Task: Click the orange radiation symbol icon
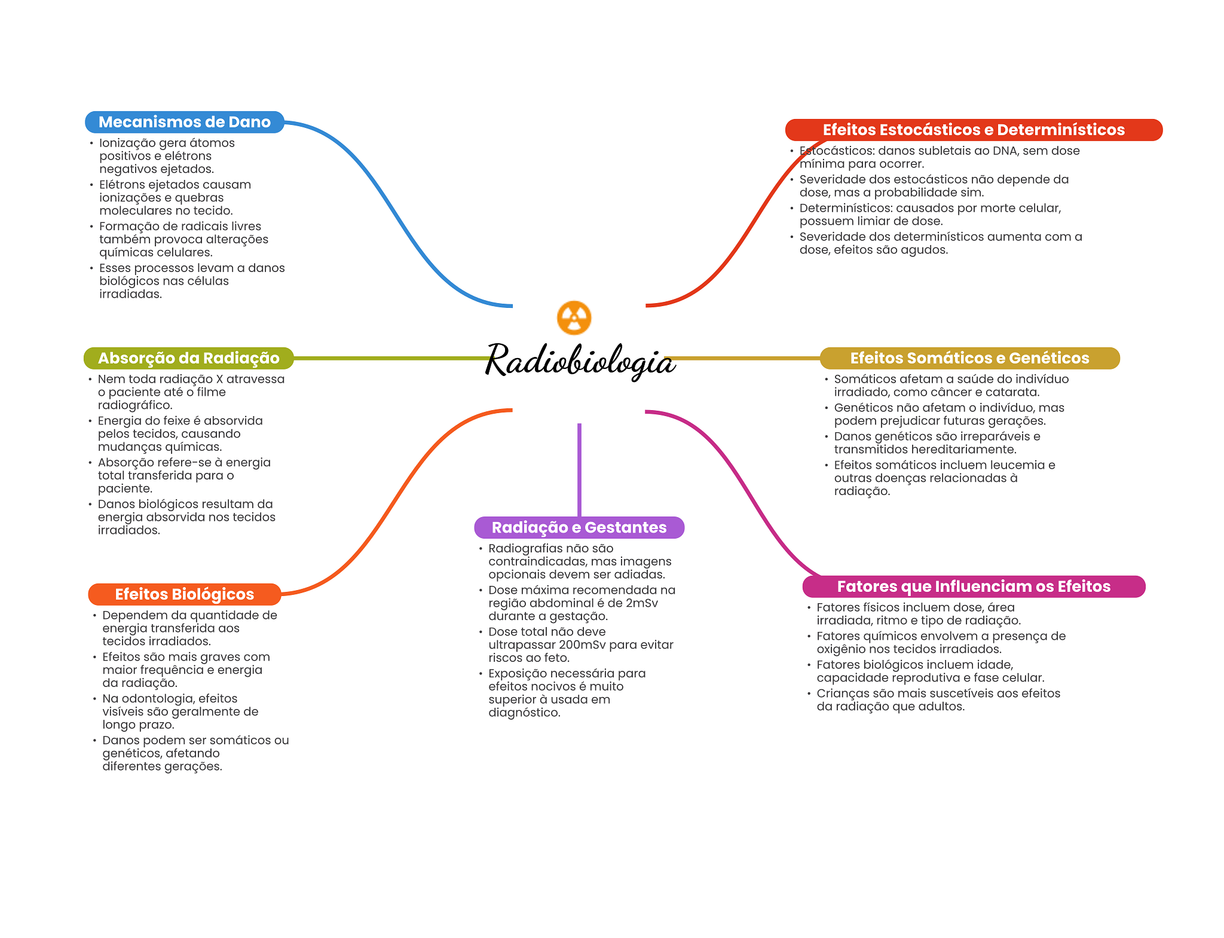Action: point(574,317)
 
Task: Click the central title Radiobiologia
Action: point(579,360)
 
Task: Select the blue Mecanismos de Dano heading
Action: point(184,122)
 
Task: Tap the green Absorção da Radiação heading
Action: point(188,358)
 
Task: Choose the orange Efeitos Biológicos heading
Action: point(184,594)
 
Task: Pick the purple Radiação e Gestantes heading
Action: point(579,527)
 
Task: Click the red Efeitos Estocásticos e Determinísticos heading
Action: point(973,130)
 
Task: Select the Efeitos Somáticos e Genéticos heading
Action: point(969,358)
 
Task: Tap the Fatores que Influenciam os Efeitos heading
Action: point(973,586)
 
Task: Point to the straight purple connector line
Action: point(579,469)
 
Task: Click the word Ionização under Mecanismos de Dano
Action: point(126,143)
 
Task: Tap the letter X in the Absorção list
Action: point(219,379)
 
